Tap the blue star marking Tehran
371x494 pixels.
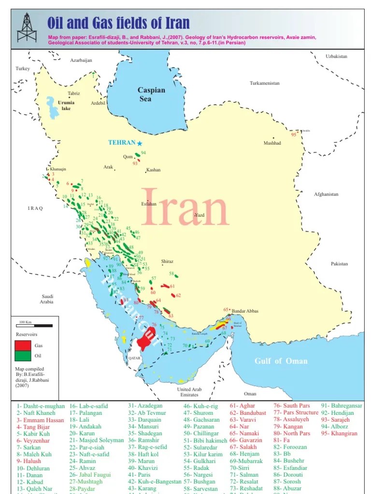click(140, 143)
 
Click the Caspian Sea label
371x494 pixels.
click(151, 94)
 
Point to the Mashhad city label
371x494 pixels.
click(272, 143)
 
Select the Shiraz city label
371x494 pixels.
click(167, 261)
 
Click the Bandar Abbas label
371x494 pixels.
click(245, 311)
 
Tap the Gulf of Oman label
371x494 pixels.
click(281, 361)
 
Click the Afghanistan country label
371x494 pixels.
click(326, 194)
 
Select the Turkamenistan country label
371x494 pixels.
click(264, 83)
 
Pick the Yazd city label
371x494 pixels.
click(200, 215)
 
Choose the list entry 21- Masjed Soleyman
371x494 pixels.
click(97, 440)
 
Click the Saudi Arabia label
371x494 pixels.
click(47, 299)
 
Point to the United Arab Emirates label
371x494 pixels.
click(189, 392)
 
